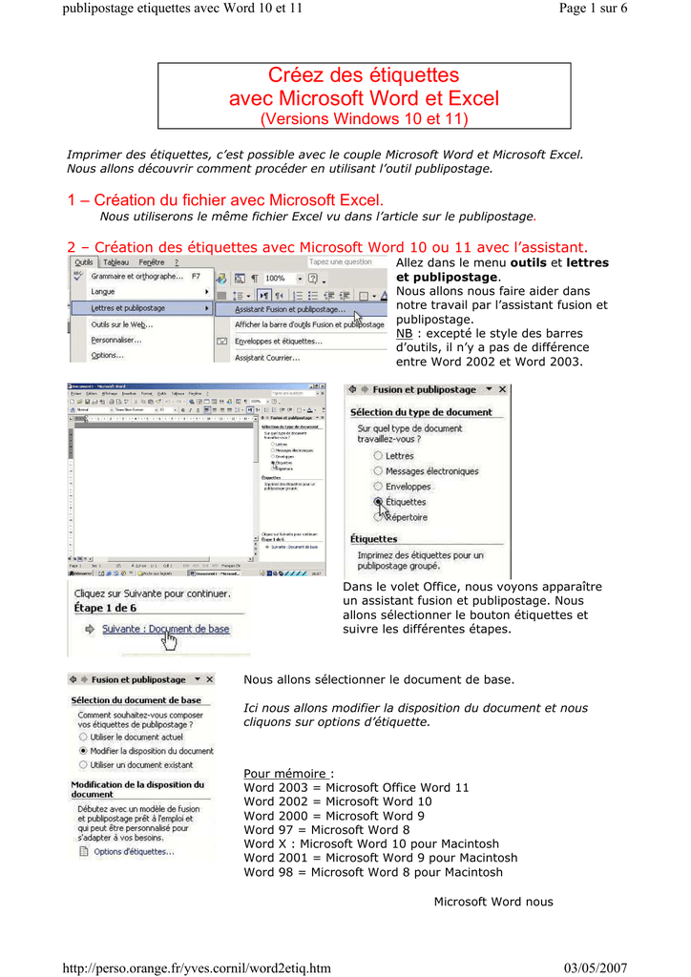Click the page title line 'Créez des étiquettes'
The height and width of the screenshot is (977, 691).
click(364, 75)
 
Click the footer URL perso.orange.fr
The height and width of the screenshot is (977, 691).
click(197, 968)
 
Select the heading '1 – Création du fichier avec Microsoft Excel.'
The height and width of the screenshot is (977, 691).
click(225, 199)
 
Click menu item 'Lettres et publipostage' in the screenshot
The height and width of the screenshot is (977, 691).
click(129, 308)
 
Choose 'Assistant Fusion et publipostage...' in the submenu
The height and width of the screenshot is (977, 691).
click(290, 309)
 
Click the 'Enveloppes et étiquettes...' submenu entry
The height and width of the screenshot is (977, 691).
click(279, 341)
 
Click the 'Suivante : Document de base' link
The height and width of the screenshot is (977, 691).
click(165, 630)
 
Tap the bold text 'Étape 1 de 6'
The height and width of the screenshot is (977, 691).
click(105, 608)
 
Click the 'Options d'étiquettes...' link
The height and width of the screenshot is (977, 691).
click(134, 852)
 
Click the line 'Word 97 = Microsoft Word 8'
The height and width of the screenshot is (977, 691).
click(326, 830)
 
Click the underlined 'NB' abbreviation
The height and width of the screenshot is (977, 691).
click(405, 334)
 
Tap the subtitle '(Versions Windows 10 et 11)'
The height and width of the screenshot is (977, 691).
click(364, 119)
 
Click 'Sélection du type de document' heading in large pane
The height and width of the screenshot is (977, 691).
click(421, 412)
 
